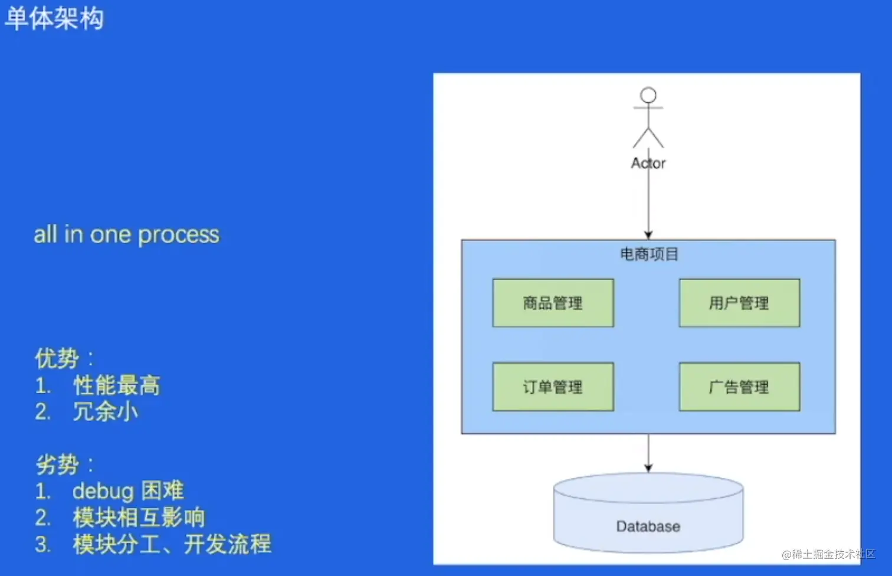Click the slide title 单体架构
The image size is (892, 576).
pos(54,18)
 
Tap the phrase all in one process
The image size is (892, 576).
pos(126,235)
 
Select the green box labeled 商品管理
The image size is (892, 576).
pos(553,303)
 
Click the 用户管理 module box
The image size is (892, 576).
pos(739,303)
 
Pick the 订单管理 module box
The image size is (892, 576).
pos(553,387)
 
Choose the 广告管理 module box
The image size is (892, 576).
pos(739,387)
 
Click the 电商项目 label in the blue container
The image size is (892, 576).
pos(649,254)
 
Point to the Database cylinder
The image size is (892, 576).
pos(648,519)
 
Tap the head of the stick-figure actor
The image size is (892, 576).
pos(648,95)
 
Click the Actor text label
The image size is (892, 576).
pos(648,163)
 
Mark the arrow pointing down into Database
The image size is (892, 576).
pos(648,453)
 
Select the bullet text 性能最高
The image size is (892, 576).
pos(116,385)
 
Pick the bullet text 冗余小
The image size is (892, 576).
pos(106,412)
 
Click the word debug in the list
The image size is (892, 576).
pos(103,491)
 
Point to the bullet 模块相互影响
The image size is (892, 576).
pos(139,518)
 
